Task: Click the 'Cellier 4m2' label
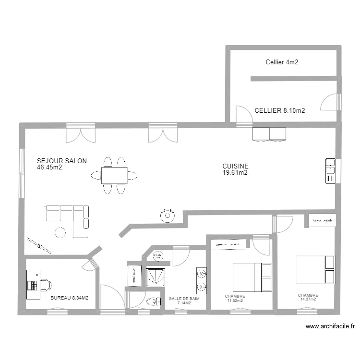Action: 283,62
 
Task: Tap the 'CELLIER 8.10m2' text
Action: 280,110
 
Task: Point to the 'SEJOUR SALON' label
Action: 61,161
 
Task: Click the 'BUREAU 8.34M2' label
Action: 70,298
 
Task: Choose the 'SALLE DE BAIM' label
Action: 184,298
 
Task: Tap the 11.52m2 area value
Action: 235,301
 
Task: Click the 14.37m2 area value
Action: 308,300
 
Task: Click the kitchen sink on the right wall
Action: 330,170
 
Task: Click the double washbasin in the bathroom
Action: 201,280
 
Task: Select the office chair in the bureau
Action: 45,284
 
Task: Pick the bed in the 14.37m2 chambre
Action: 315,269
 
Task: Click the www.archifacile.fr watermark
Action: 330,326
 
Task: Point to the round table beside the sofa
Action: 60,233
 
